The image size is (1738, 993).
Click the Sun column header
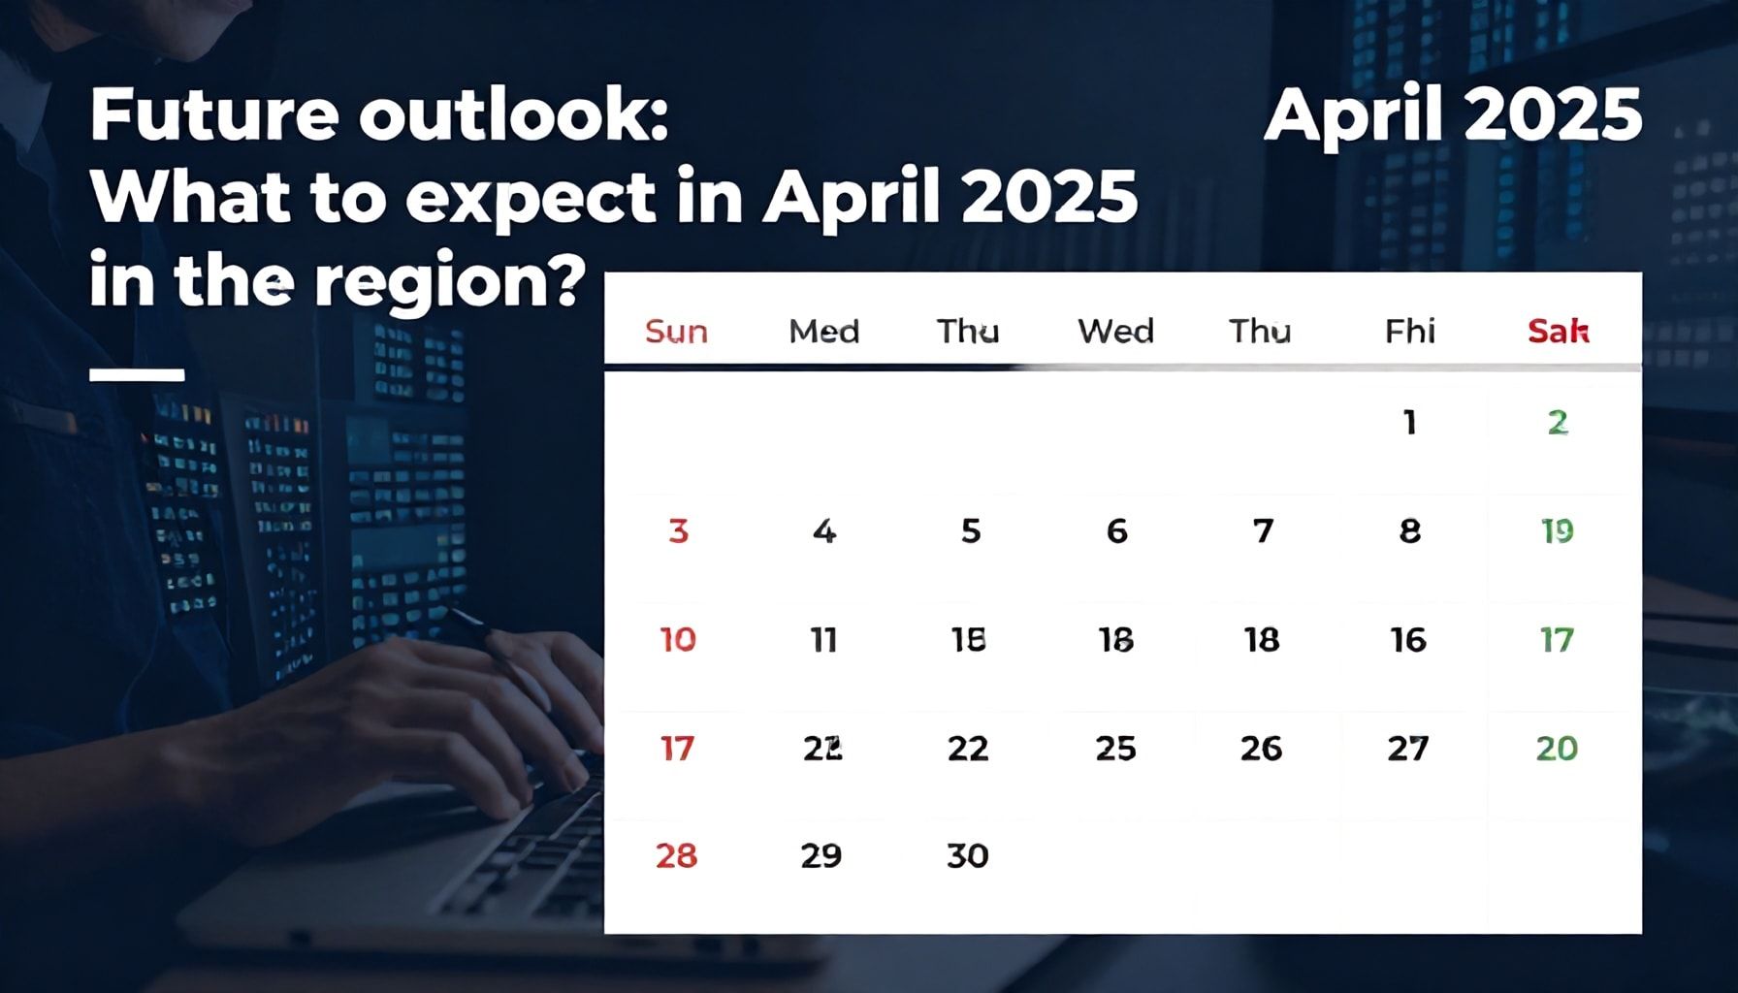(676, 332)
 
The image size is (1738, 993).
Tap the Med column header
(823, 332)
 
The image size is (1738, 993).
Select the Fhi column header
(1409, 332)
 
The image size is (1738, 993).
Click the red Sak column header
(1558, 332)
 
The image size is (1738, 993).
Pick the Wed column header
(1115, 332)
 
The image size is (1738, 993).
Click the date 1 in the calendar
(1409, 423)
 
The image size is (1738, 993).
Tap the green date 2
(1558, 423)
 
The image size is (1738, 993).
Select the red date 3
(678, 531)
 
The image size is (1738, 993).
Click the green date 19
(1557, 531)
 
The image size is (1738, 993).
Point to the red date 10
(678, 640)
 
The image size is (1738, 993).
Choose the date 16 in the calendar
(1408, 640)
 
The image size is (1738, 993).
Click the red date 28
(676, 856)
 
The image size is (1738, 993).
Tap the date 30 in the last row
(967, 856)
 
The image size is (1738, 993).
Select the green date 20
(1557, 749)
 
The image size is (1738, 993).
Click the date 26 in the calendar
(1261, 749)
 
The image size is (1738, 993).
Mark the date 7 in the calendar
(1263, 531)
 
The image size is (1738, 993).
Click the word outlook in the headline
(512, 115)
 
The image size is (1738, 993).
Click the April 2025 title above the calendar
(1452, 115)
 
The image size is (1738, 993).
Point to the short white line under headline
(137, 374)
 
